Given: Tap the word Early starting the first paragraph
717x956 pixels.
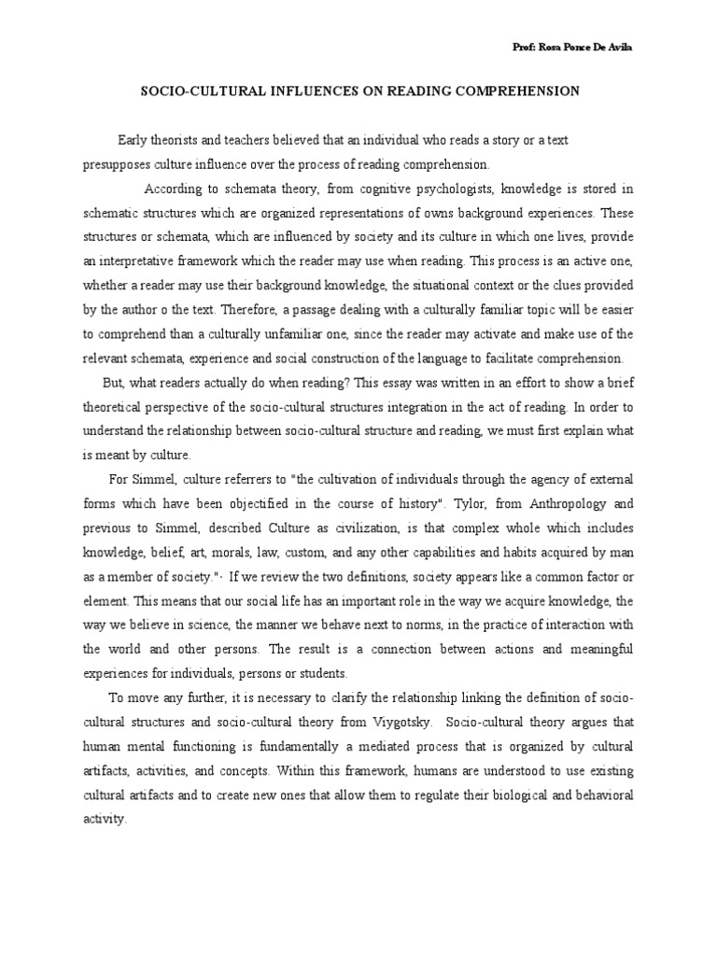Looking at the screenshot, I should [134, 140].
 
